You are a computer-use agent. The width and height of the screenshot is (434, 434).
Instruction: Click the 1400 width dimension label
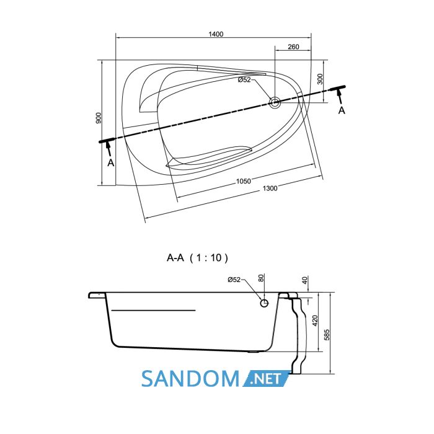pyautogui.click(x=216, y=34)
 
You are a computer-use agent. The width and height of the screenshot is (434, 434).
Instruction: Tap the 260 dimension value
pyautogui.click(x=293, y=46)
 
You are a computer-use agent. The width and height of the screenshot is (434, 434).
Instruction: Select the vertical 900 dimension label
pyautogui.click(x=99, y=118)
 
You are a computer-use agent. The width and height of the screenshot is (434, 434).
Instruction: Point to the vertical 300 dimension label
pyautogui.click(x=320, y=79)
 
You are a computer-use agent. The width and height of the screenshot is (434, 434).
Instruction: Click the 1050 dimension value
pyautogui.click(x=243, y=181)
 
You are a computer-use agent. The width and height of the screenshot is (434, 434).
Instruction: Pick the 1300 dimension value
pyautogui.click(x=270, y=188)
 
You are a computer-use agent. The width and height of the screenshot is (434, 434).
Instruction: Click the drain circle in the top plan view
pyautogui.click(x=275, y=103)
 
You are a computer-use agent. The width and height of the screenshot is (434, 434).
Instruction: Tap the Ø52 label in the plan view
pyautogui.click(x=244, y=80)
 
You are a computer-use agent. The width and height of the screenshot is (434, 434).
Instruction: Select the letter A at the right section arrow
pyautogui.click(x=342, y=110)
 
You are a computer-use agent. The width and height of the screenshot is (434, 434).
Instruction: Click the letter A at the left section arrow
pyautogui.click(x=111, y=162)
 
